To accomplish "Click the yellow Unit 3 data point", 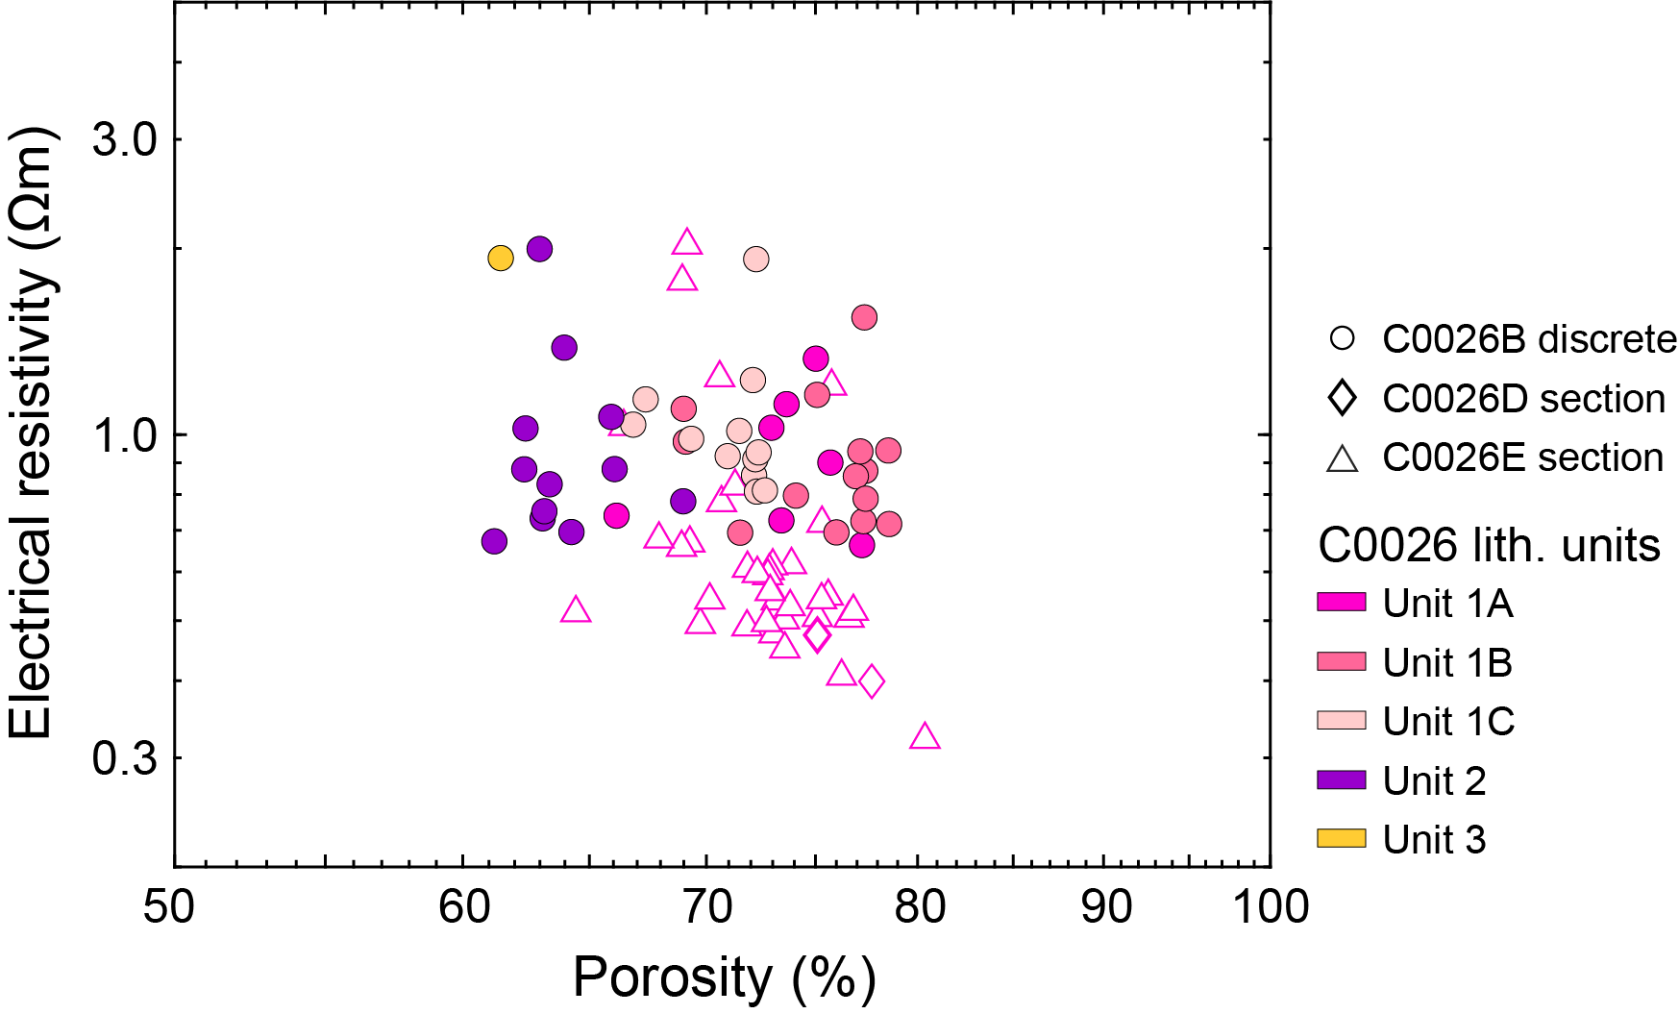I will pos(500,258).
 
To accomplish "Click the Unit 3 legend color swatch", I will pos(1341,838).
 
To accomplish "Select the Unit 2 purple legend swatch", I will pos(1341,779).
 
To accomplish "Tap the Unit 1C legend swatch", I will pos(1341,720).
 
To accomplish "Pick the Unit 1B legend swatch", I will pos(1341,661).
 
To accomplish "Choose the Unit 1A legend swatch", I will pos(1341,603).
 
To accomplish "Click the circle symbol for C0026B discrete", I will pos(1342,338).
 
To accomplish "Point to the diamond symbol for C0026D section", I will pos(1342,398).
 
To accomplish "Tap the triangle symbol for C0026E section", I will pos(1342,458).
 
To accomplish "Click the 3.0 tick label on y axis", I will pos(124,139).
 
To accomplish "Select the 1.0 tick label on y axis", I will pos(124,435).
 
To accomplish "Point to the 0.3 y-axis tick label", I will pos(124,758).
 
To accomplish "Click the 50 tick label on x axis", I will pos(169,906).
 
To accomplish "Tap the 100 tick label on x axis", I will pos(1271,906).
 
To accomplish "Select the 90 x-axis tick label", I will pos(1105,906).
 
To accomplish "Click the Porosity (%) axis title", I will pos(724,978).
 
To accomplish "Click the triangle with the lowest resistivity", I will pos(925,737).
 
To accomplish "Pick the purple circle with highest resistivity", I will pos(539,249).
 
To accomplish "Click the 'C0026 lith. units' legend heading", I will pos(1489,545).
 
